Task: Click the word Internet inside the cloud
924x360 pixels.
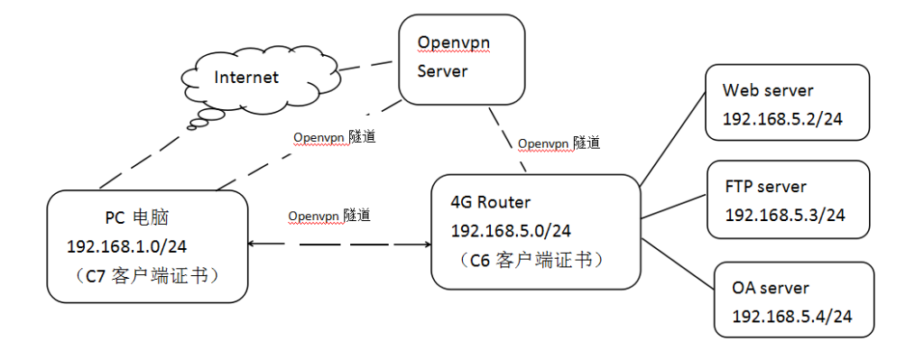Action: [x=246, y=78]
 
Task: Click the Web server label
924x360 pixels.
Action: [x=768, y=91]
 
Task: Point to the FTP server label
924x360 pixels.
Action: [x=765, y=187]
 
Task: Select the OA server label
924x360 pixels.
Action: [x=771, y=289]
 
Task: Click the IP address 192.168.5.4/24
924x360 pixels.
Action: [x=785, y=317]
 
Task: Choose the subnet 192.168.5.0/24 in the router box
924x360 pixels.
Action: [x=510, y=232]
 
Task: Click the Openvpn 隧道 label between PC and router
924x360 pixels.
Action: [x=330, y=217]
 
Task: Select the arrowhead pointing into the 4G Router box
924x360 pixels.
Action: [x=423, y=244]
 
